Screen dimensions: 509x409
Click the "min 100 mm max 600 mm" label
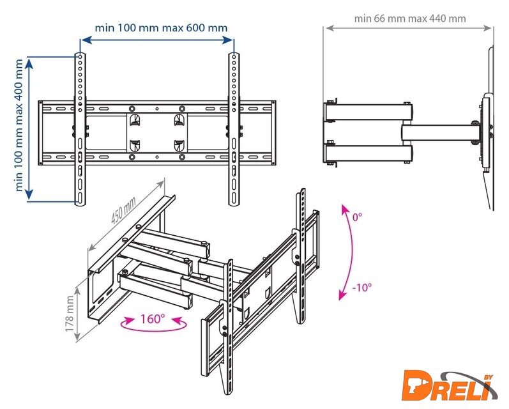pyautogui.click(x=161, y=27)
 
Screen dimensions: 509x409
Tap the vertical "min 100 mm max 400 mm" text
pyautogui.click(x=19, y=125)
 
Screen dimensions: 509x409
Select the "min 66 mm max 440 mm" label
pyautogui.click(x=410, y=19)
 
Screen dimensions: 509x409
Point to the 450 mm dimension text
pyautogui.click(x=123, y=210)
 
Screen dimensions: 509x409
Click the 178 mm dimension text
pyautogui.click(x=70, y=314)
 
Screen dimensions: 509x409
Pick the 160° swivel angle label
pyautogui.click(x=153, y=319)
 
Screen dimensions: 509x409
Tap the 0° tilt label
pyautogui.click(x=357, y=217)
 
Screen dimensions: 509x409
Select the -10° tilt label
pyautogui.click(x=362, y=288)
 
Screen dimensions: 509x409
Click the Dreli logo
pyautogui.click(x=450, y=387)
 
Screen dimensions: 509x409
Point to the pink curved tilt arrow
pyautogui.click(x=351, y=252)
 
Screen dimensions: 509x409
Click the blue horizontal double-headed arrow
pyautogui.click(x=157, y=40)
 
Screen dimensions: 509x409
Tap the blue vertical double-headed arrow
pyautogui.click(x=29, y=129)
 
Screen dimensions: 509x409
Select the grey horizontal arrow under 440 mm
pyautogui.click(x=408, y=28)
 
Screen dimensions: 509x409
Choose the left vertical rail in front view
pyautogui.click(x=80, y=129)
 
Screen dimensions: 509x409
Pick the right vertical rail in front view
pyautogui.click(x=234, y=129)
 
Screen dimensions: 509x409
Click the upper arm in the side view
pyautogui.click(x=368, y=112)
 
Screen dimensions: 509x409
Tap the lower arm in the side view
pyautogui.click(x=368, y=153)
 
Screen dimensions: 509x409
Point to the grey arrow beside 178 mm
pyautogui.click(x=77, y=309)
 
